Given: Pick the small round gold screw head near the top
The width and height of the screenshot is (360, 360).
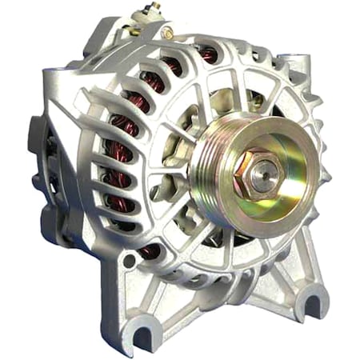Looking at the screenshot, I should tap(167, 34).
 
